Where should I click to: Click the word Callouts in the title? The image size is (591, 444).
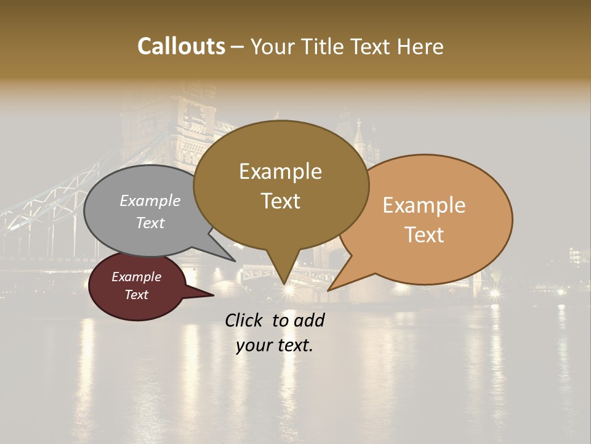[x=181, y=46]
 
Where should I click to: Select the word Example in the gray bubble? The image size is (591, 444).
[x=150, y=200]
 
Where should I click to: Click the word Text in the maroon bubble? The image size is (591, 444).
[x=136, y=295]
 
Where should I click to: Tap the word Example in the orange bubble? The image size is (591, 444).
[x=424, y=205]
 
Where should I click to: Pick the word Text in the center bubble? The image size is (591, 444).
[x=281, y=201]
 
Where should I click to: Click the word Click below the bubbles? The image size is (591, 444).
[x=244, y=320]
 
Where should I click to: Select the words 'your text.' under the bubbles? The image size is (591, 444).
[x=275, y=345]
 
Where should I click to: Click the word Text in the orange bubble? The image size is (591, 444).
[x=425, y=235]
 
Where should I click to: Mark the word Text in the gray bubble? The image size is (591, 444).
[x=150, y=223]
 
